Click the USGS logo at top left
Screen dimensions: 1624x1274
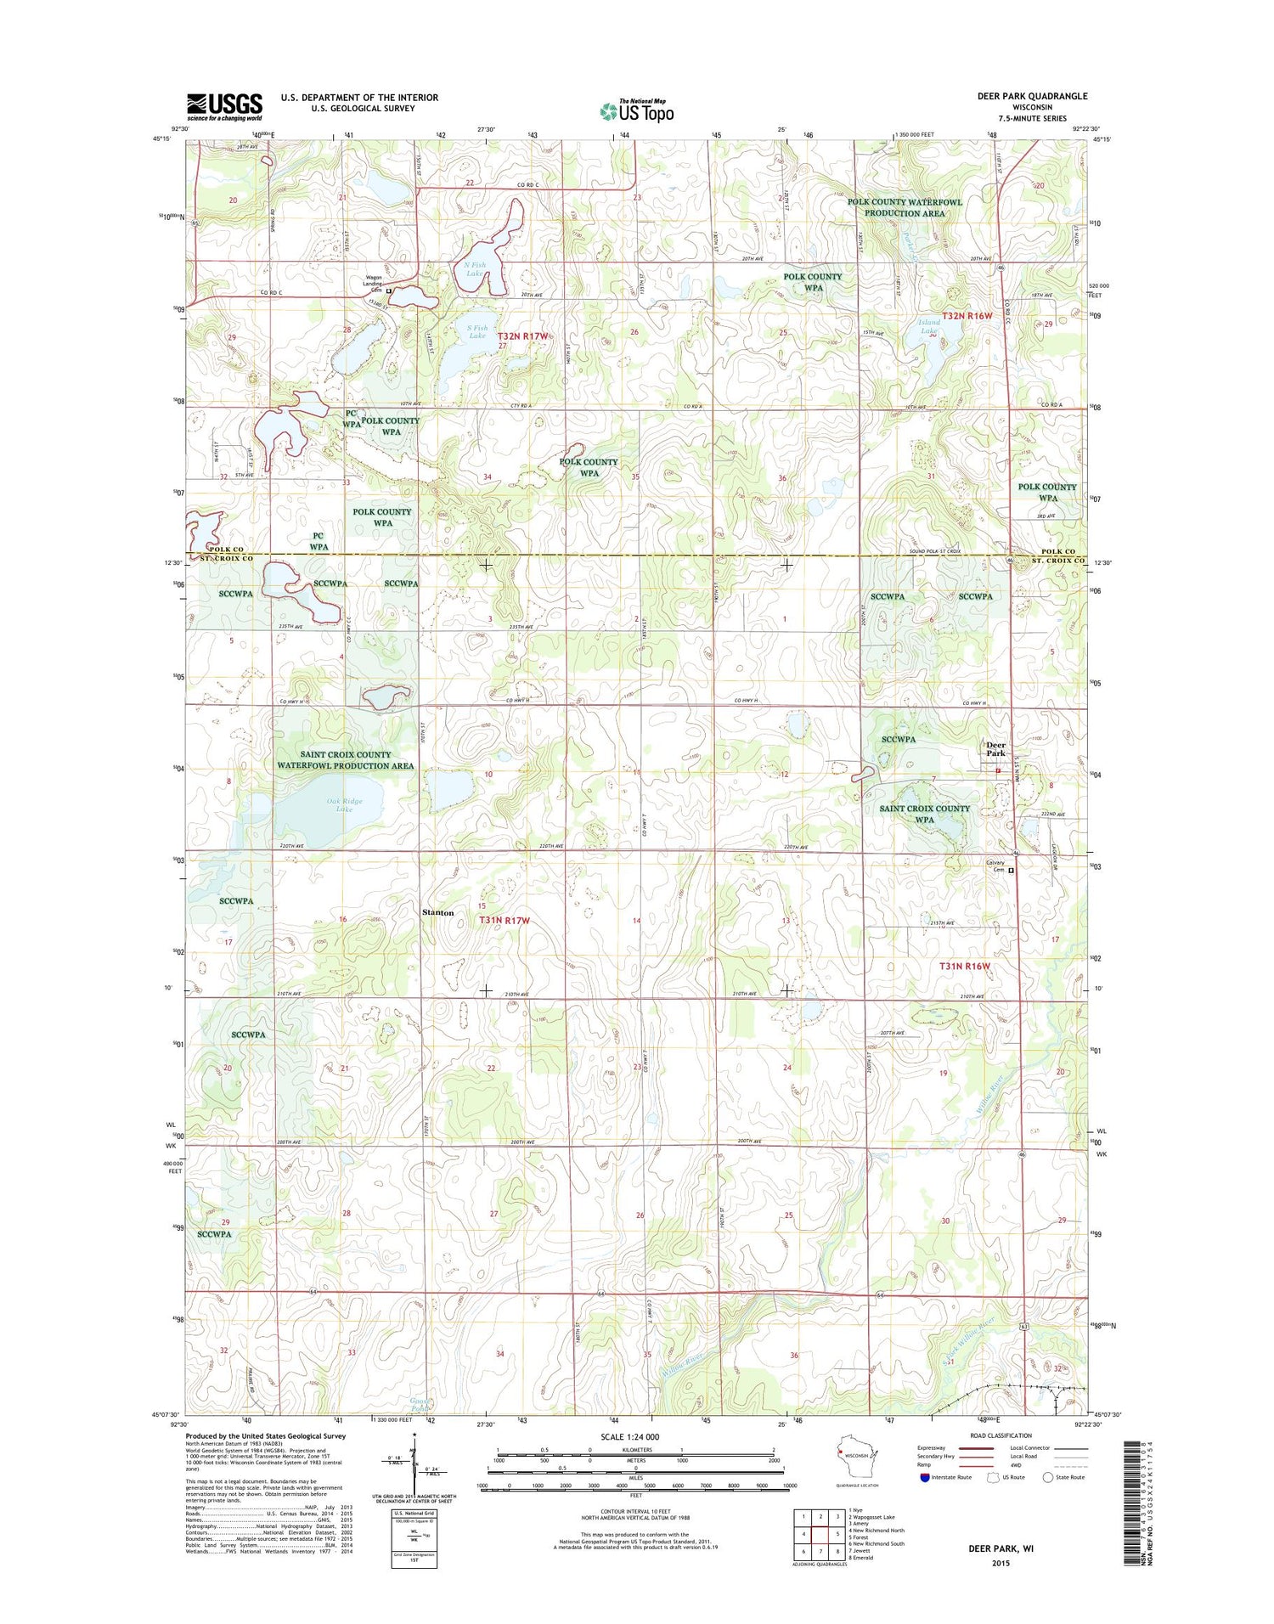(x=224, y=107)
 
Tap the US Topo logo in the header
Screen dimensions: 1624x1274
(x=636, y=111)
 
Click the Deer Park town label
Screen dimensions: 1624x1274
(x=995, y=749)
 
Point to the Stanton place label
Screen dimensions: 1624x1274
(x=438, y=912)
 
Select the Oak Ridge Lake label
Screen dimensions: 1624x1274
(x=344, y=804)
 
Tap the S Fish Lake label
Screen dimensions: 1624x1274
(x=477, y=331)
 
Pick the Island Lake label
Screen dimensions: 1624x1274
(x=929, y=327)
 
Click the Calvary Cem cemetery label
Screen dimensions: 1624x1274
(x=995, y=866)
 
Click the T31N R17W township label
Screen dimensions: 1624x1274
(x=504, y=921)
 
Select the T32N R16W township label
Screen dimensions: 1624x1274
(x=967, y=316)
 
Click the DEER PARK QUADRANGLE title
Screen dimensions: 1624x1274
(x=1032, y=96)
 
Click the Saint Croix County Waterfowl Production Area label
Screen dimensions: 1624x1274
(x=345, y=759)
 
